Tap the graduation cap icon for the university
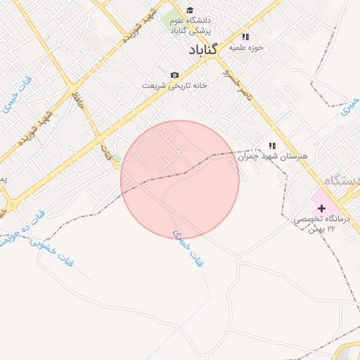point(190,10)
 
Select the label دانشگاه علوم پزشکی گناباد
point(191,26)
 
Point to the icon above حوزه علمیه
point(245,37)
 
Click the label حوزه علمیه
point(249,48)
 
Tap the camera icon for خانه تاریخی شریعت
point(174,75)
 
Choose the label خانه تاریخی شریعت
point(175,85)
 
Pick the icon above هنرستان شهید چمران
point(271,146)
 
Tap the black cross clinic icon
point(322,208)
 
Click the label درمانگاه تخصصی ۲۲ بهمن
point(324,226)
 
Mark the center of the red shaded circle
point(180,179)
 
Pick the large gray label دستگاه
point(341,181)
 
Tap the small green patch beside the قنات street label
point(117,157)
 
